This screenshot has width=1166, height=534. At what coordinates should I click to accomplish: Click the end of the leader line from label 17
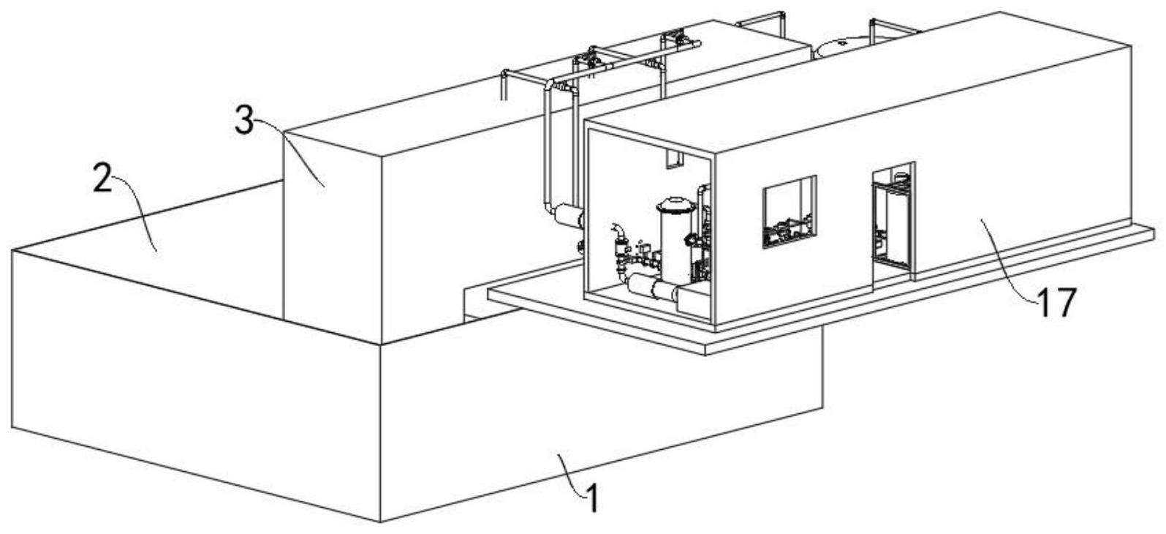[982, 220]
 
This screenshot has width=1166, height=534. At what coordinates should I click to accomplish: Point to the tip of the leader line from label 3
[325, 186]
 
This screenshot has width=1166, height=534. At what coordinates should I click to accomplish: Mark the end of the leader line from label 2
[156, 252]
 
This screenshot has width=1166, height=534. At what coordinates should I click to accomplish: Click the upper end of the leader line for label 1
[559, 454]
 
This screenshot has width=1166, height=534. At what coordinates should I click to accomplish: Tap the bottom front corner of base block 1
[381, 522]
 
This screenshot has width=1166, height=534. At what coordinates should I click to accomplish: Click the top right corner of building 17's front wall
[716, 157]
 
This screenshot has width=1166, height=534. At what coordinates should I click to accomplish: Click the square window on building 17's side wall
[789, 212]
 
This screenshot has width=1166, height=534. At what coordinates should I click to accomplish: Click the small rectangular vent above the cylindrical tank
[674, 159]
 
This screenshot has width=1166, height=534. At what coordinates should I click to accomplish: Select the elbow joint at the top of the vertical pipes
[552, 84]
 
